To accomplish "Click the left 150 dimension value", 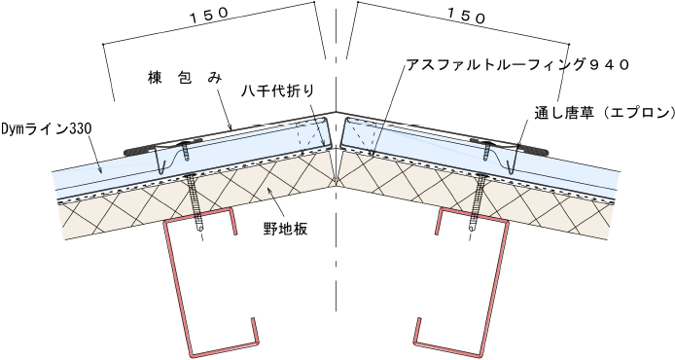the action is tap(209, 15).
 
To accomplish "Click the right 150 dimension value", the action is tap(466, 15).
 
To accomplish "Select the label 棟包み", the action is tap(185, 79).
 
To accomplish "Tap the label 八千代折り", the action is tap(277, 91).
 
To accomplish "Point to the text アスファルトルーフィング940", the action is tap(517, 65).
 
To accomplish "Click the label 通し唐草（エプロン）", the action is tap(604, 113).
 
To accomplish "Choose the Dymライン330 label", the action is tap(46, 128).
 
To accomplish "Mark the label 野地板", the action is tap(285, 229).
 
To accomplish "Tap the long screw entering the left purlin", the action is tap(197, 201).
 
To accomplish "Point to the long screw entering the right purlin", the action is tap(477, 201).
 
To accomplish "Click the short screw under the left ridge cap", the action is tap(186, 150).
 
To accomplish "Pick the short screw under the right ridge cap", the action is tap(487, 150).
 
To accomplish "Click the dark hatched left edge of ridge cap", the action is tap(139, 151).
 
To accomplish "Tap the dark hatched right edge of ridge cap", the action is tap(533, 151).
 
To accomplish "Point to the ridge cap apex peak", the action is tap(337, 113).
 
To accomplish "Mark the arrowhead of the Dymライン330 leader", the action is tap(101, 172).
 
